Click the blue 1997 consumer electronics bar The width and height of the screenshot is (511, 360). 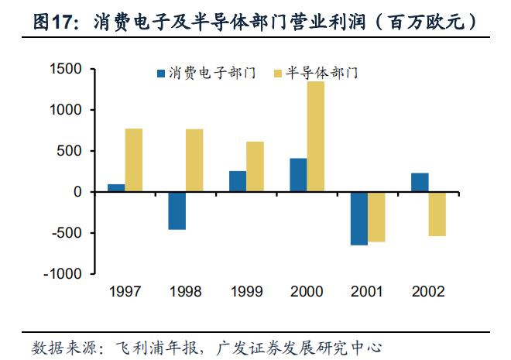116,187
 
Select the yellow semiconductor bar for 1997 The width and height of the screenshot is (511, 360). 134,160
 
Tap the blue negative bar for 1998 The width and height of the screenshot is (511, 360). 177,211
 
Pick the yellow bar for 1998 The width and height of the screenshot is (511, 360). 194,160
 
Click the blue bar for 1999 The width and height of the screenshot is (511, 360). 238,181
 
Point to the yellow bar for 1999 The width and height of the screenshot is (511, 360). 256,166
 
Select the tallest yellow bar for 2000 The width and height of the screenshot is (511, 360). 316,136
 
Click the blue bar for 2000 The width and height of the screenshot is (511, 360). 298,175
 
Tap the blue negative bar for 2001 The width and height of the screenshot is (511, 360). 358,218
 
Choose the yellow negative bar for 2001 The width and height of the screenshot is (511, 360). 376,217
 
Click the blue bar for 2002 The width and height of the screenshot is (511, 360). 420,182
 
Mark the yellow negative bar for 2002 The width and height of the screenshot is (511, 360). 437,214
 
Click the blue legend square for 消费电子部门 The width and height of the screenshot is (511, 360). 161,74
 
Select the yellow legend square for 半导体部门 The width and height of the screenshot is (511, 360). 279,74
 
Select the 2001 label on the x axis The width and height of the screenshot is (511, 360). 368,292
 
